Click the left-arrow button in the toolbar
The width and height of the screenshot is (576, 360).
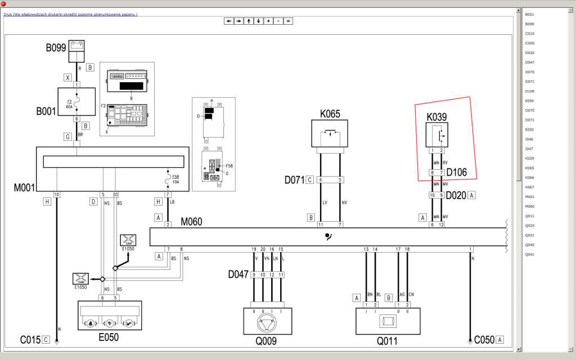[228, 21]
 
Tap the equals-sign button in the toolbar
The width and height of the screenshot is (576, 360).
[288, 21]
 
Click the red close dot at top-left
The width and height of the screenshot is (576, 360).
[3, 3]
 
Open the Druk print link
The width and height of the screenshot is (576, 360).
[70, 14]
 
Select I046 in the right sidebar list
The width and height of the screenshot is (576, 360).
[529, 139]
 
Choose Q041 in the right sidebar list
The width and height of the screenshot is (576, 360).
[529, 254]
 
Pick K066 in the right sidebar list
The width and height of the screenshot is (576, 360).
[529, 177]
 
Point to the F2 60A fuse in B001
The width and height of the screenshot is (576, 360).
[76, 103]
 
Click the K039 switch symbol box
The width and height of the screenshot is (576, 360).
[436, 135]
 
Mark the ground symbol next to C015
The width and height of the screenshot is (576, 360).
[57, 340]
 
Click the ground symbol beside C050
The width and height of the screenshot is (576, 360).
[470, 340]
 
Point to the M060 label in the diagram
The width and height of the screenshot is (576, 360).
[191, 222]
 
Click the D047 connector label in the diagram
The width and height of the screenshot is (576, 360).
[238, 274]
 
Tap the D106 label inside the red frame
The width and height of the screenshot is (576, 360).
[457, 172]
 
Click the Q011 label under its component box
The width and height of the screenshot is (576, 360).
[387, 340]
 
